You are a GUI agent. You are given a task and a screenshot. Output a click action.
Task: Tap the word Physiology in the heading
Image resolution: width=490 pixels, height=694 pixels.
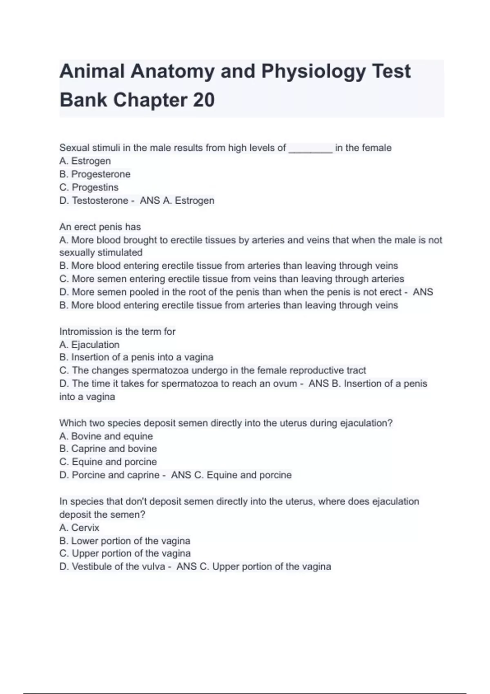coord(314,71)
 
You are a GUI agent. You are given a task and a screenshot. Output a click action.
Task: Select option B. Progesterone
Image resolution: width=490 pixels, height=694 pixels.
coord(95,174)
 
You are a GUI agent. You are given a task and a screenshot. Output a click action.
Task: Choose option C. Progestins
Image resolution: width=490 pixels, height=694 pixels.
coord(89,187)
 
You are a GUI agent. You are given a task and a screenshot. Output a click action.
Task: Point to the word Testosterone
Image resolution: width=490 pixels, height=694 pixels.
coord(100,200)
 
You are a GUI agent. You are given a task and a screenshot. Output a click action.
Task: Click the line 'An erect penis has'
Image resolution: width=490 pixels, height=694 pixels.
coord(100,227)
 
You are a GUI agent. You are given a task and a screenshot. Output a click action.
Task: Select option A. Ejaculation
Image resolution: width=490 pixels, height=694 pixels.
coord(89,345)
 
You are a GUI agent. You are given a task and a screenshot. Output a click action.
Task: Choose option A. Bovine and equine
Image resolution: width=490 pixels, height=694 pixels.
coord(106,436)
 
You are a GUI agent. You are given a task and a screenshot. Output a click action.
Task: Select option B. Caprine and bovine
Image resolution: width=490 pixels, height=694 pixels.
coord(108,449)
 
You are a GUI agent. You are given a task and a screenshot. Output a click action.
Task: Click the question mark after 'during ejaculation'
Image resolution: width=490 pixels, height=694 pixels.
coord(391,423)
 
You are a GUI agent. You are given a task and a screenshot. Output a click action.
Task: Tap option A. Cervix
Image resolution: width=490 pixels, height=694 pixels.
coord(80,528)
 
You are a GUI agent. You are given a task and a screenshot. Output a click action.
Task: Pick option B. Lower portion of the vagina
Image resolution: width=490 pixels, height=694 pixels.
coord(125,541)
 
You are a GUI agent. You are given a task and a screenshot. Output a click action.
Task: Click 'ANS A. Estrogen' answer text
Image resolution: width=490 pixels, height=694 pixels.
coord(177,200)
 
